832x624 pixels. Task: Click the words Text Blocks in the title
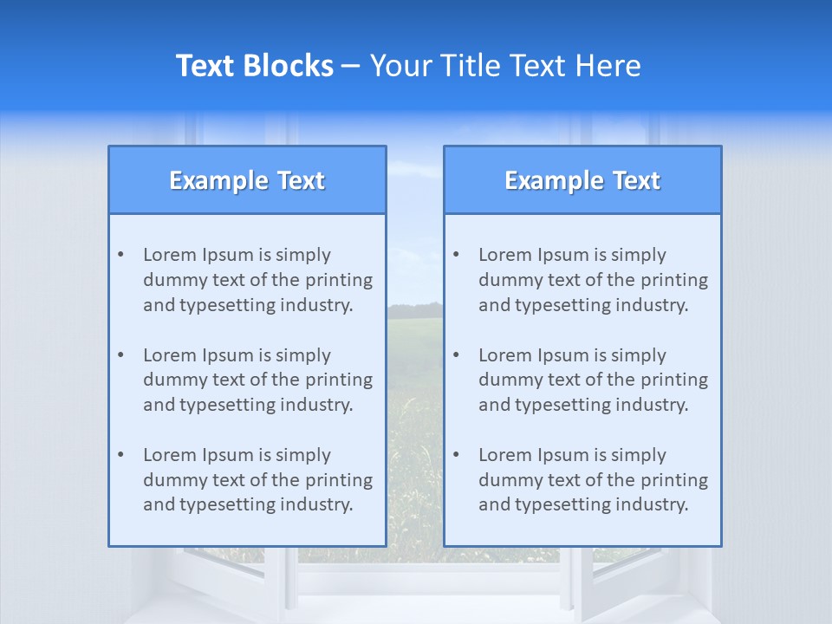[254, 66]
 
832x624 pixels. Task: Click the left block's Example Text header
[247, 180]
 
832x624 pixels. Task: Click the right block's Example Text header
[582, 180]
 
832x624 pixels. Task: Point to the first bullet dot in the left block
[120, 255]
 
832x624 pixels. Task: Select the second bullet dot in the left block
[120, 355]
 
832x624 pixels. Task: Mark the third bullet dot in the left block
[120, 455]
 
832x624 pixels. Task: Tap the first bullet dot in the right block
[456, 255]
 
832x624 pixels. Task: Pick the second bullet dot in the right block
[456, 355]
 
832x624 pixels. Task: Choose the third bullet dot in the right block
[456, 455]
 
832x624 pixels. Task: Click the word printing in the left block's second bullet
[341, 380]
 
